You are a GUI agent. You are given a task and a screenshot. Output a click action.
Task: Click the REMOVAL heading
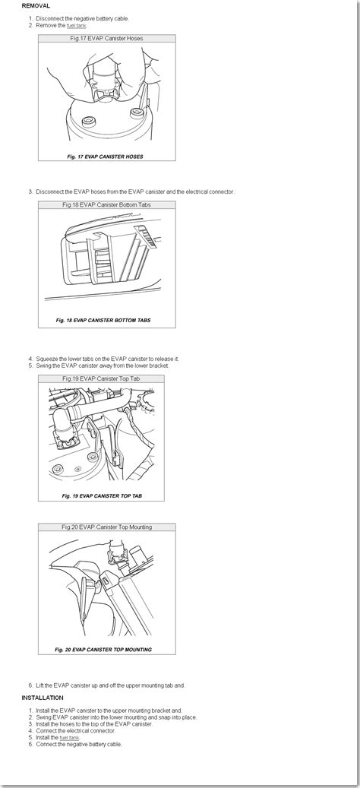36,6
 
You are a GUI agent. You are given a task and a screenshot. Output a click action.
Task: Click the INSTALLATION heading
43,698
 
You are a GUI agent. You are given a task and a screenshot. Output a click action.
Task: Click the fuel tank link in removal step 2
77,25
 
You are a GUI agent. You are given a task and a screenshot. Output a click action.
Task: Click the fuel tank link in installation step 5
69,737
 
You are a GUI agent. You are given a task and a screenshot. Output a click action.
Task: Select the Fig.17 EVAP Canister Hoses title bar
107,38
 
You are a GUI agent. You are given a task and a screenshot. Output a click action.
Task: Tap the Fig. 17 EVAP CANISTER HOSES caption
105,157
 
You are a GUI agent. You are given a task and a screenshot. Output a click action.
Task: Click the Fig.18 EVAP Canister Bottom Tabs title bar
107,205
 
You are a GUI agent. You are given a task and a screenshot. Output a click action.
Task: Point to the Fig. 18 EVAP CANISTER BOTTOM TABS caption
103,320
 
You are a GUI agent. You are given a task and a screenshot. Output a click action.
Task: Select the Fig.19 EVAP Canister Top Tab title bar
102,378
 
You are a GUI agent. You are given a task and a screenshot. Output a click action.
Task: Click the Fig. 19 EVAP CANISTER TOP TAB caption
102,495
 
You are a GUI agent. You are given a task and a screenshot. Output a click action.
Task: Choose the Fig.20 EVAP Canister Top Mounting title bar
107,527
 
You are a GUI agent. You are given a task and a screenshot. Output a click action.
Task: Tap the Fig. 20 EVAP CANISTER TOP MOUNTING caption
103,649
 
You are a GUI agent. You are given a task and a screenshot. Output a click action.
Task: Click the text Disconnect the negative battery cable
82,18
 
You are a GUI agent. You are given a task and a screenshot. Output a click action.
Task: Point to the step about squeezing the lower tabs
107,359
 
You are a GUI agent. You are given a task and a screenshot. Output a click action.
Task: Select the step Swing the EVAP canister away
103,366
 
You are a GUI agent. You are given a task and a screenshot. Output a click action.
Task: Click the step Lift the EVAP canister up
110,685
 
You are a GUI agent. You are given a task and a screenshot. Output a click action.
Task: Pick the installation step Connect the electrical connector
75,731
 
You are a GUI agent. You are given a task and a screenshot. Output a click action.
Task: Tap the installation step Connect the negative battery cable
79,744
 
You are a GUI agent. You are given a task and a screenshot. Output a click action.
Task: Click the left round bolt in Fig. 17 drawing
90,120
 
